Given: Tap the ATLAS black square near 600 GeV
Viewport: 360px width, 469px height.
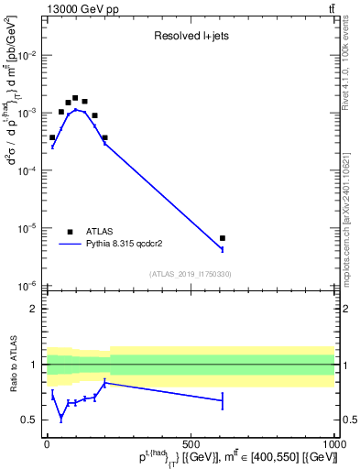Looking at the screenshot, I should pyautogui.click(x=223, y=238).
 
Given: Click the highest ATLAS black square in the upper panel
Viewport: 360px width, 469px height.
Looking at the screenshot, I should pyautogui.click(x=75, y=97).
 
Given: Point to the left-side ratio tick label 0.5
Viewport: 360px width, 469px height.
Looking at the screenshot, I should pyautogui.click(x=28, y=420).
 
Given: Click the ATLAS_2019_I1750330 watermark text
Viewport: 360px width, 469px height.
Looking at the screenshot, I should pyautogui.click(x=190, y=274).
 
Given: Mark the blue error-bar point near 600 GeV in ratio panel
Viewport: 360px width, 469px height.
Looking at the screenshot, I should pyautogui.click(x=223, y=400).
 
